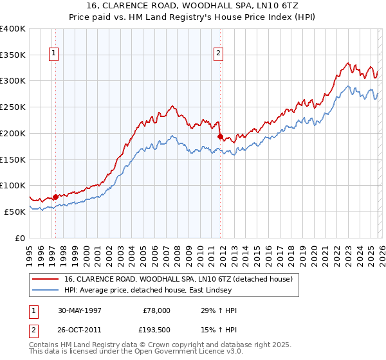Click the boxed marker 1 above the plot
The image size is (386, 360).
tap(54, 54)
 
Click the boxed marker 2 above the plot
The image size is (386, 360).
tap(219, 54)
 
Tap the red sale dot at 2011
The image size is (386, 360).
tap(220, 136)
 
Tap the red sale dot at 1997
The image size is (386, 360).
tap(56, 197)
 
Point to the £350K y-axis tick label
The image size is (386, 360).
tap(13, 55)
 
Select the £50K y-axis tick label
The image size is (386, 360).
tap(15, 212)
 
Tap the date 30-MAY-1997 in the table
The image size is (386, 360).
tap(80, 310)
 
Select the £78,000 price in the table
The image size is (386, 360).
tap(156, 310)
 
